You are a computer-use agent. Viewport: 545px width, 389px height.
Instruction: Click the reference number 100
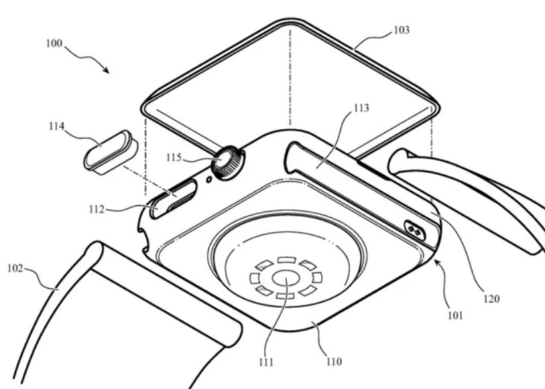[x=54, y=44]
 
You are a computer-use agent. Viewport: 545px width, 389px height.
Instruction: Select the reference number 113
[x=362, y=108]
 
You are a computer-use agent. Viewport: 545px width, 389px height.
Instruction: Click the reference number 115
[x=174, y=157]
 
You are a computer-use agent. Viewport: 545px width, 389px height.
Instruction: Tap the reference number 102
[x=15, y=268]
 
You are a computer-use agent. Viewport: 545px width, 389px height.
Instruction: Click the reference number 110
[x=333, y=362]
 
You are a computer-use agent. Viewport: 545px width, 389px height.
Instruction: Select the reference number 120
[x=491, y=299]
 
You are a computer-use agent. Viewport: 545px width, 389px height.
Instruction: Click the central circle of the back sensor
[x=285, y=278]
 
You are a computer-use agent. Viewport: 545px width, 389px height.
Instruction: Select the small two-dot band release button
[x=415, y=230]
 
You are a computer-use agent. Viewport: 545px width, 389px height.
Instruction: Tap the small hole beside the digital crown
[x=210, y=178]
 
